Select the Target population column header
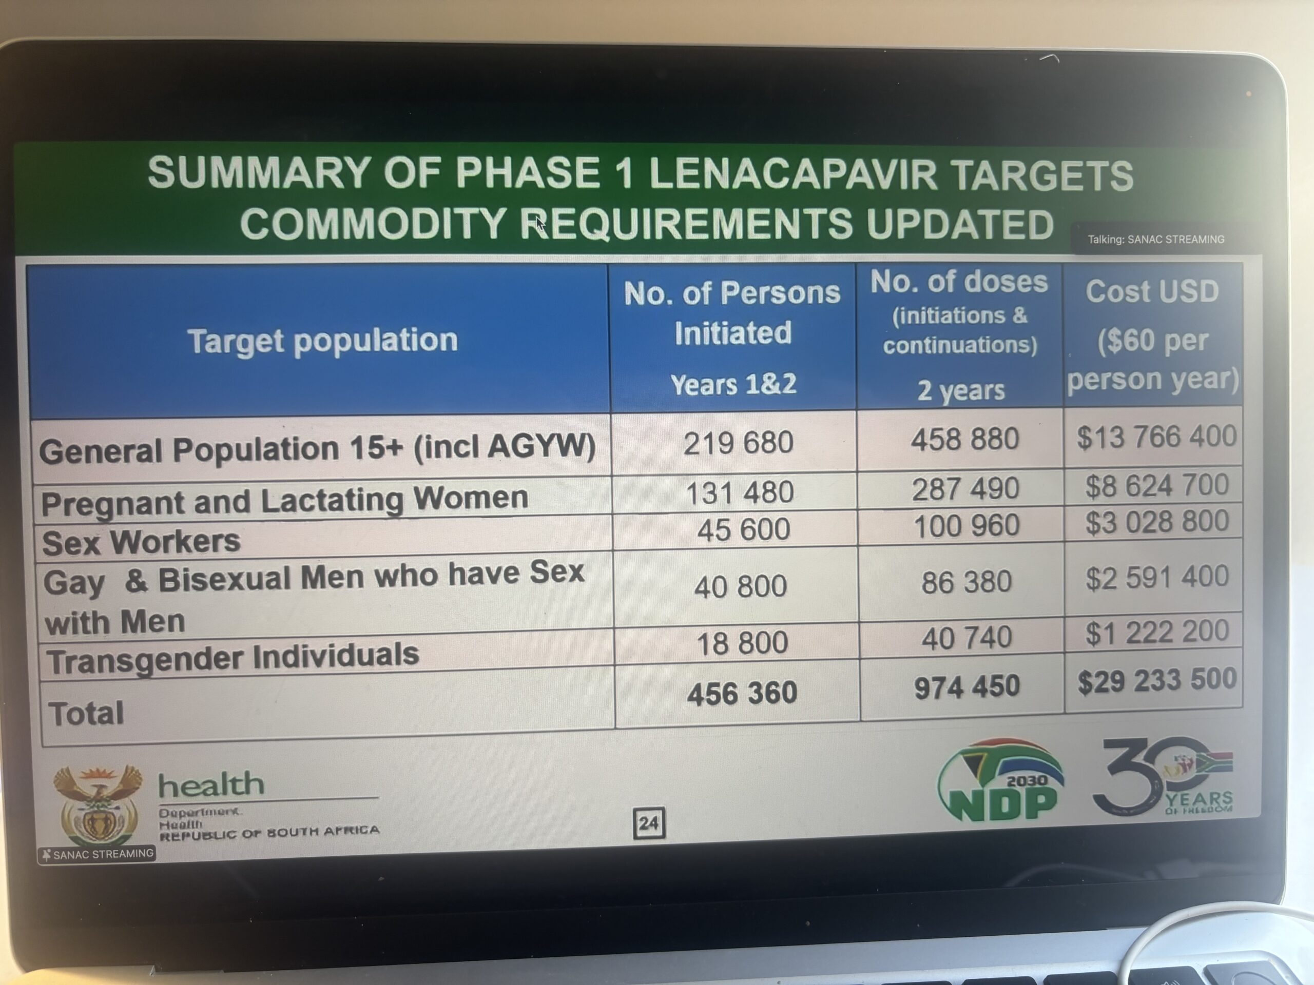[322, 341]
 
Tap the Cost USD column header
[1152, 291]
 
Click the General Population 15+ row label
[317, 448]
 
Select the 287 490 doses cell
[965, 488]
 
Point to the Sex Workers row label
[141, 541]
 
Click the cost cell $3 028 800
[1156, 521]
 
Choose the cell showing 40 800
[740, 586]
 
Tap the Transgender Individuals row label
[233, 657]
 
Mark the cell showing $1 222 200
[1156, 631]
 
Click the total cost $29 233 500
[1156, 680]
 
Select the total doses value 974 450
[967, 687]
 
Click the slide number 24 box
[649, 823]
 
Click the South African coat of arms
[98, 804]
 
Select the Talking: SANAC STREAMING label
[1156, 239]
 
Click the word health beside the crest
[211, 785]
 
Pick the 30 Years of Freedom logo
[1163, 777]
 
